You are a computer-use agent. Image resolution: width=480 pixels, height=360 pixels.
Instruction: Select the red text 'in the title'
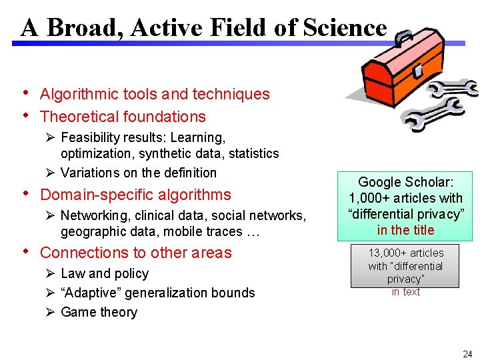(405, 230)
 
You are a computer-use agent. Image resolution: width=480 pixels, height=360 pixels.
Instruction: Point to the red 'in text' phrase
(405, 292)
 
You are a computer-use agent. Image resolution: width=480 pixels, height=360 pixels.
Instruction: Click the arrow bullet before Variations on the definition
(51, 173)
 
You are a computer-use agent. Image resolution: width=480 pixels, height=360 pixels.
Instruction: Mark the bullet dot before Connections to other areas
(25, 251)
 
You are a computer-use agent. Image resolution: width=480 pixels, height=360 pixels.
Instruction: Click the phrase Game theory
(99, 312)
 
